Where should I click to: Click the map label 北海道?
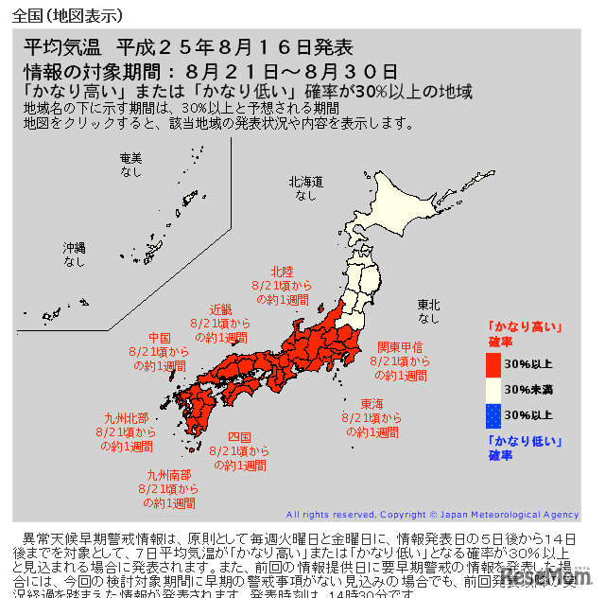tap(305, 181)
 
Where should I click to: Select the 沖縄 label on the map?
tap(75, 247)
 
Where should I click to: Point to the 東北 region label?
tap(429, 305)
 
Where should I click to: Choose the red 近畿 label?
tap(220, 309)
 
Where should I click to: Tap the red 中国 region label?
tap(159, 338)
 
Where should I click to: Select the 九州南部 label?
tap(167, 475)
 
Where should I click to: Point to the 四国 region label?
tap(239, 437)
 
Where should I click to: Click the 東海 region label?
tap(372, 402)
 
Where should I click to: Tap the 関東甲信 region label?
tap(399, 346)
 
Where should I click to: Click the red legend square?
tap(493, 363)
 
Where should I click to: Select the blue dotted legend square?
tap(493, 414)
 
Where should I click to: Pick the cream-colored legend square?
tap(493, 389)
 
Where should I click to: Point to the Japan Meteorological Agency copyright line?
tap(432, 515)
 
